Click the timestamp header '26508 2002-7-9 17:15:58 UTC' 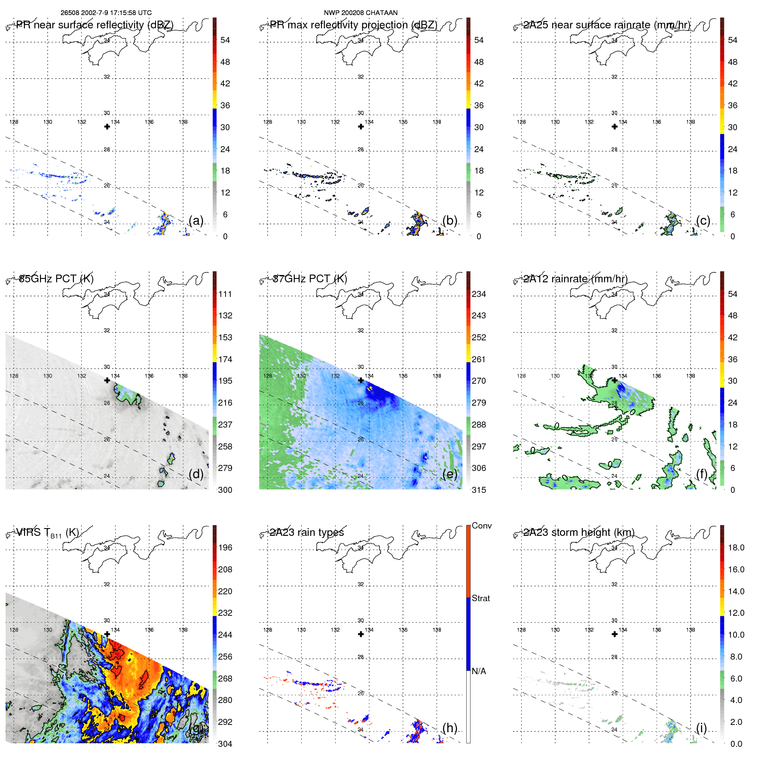(106, 13)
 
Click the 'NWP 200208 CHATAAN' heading (361, 13)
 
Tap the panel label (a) (196, 220)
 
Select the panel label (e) (449, 474)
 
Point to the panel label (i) (701, 727)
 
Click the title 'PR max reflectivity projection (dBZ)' (353, 25)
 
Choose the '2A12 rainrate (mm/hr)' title (575, 279)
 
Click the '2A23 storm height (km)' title (579, 532)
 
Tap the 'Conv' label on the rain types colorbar (481, 526)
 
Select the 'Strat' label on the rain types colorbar (480, 598)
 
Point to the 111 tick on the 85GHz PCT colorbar (225, 294)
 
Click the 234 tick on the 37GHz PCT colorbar (479, 294)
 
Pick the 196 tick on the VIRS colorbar (225, 547)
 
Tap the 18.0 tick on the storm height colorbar (736, 547)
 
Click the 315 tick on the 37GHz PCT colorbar (479, 490)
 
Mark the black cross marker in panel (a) (107, 127)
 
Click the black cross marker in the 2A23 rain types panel (361, 634)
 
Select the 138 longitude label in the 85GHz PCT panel (183, 376)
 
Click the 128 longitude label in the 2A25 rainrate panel (521, 122)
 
